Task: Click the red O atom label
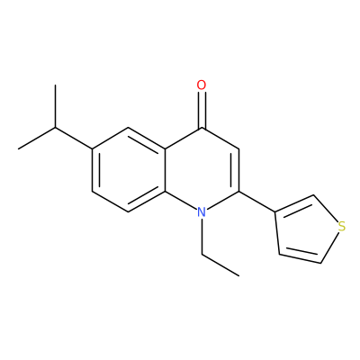click(202, 85)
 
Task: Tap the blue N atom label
click(202, 212)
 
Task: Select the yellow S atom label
click(341, 227)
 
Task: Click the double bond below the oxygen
click(202, 110)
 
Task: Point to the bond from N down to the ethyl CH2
click(202, 237)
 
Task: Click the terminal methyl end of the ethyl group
click(239, 275)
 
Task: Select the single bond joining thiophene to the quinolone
click(257, 202)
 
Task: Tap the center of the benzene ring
click(129, 170)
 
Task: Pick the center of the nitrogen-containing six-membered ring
click(202, 170)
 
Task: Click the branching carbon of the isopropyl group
click(55, 128)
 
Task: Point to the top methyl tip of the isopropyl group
click(55, 85)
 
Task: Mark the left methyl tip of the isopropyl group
click(19, 148)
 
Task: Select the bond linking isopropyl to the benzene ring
click(74, 138)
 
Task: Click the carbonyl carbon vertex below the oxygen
click(202, 128)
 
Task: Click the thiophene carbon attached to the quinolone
click(275, 212)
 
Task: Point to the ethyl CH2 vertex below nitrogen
click(202, 255)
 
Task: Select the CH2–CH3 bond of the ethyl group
click(220, 265)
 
